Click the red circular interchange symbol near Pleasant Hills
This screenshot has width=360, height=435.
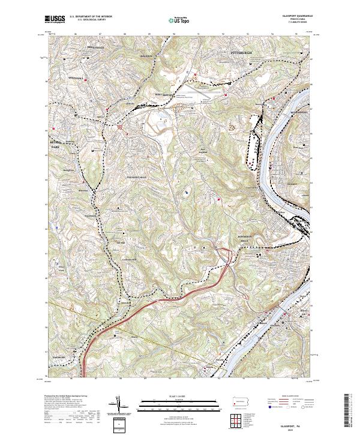pos(121,128)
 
